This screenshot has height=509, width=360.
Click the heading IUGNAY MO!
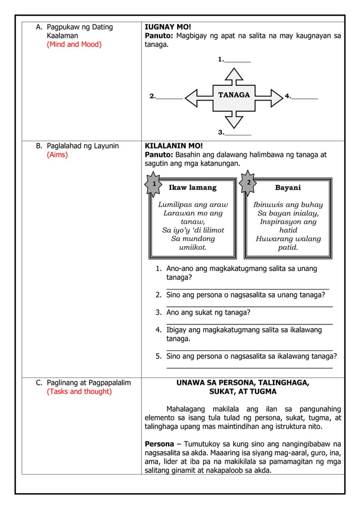click(168, 27)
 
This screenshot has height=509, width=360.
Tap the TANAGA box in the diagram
click(234, 95)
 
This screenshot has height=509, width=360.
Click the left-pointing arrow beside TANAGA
click(197, 96)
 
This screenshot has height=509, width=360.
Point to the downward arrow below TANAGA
click(234, 116)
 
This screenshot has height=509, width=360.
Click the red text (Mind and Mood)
click(74, 45)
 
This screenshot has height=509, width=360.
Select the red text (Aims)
click(58, 155)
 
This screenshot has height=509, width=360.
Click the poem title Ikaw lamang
click(192, 187)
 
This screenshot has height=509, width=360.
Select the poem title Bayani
click(288, 187)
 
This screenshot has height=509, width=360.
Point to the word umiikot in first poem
click(192, 247)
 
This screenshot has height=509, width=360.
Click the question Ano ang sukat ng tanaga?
click(208, 313)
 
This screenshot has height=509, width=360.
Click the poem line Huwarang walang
click(288, 239)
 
